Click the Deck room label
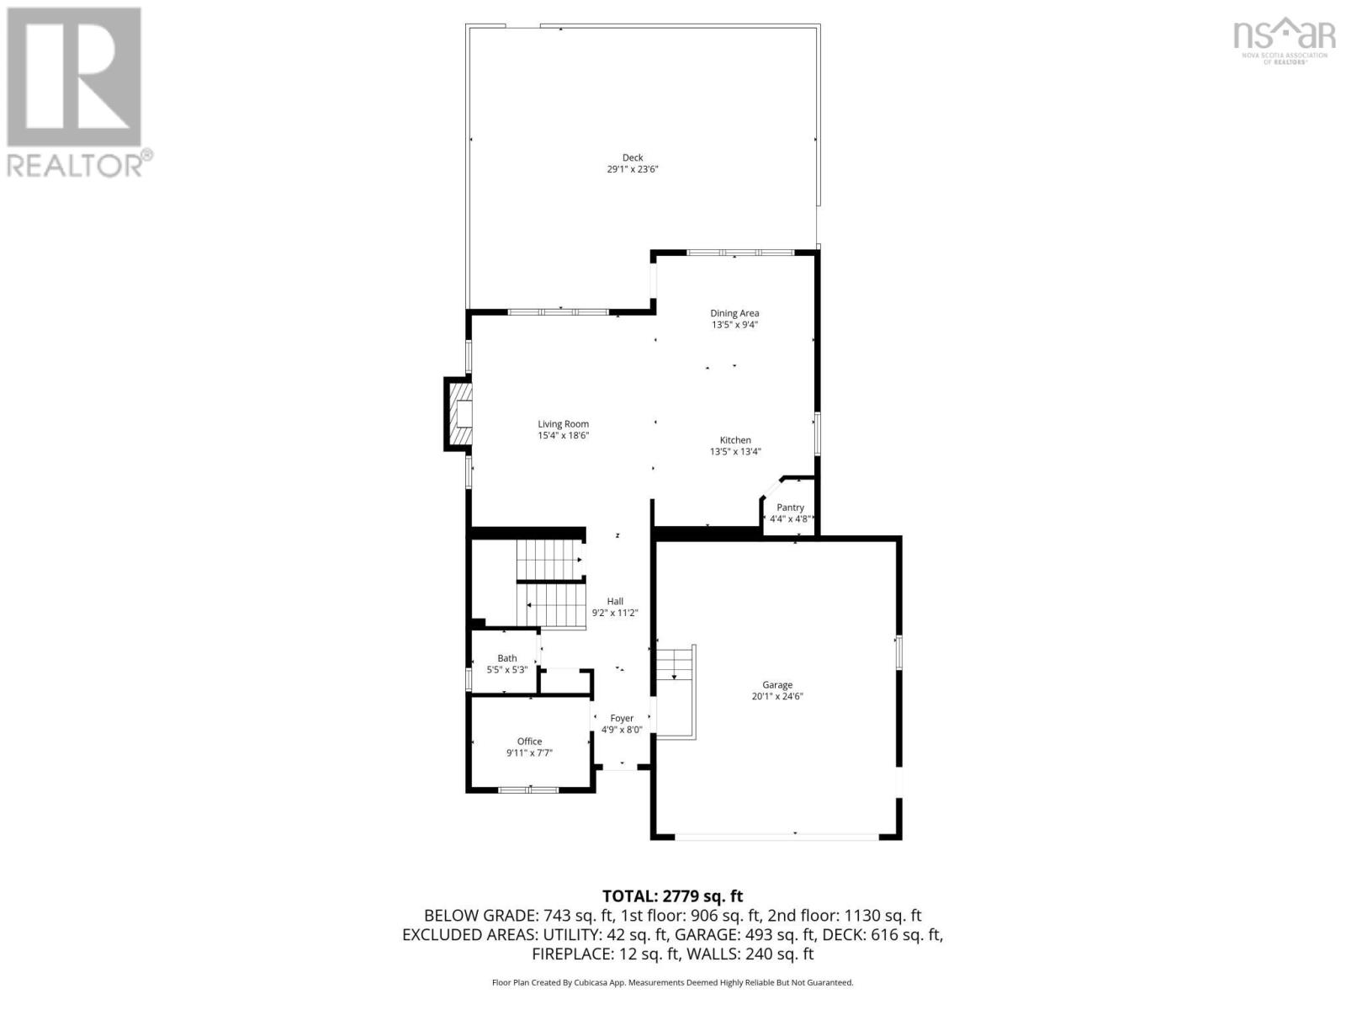click(x=633, y=157)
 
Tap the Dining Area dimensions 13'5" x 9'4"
click(x=734, y=325)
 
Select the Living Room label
click(x=564, y=424)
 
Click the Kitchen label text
click(x=735, y=440)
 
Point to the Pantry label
click(x=790, y=508)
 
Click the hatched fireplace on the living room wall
click(x=458, y=414)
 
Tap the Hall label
click(x=615, y=602)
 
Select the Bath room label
click(x=507, y=658)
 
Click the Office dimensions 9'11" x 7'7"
click(x=529, y=753)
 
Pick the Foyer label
click(x=622, y=718)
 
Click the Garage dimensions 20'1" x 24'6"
click(x=777, y=697)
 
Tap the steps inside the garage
click(x=676, y=665)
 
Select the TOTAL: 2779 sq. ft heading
click(x=672, y=896)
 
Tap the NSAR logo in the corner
click(x=1284, y=38)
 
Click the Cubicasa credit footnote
click(x=672, y=982)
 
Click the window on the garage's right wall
click(x=898, y=652)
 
